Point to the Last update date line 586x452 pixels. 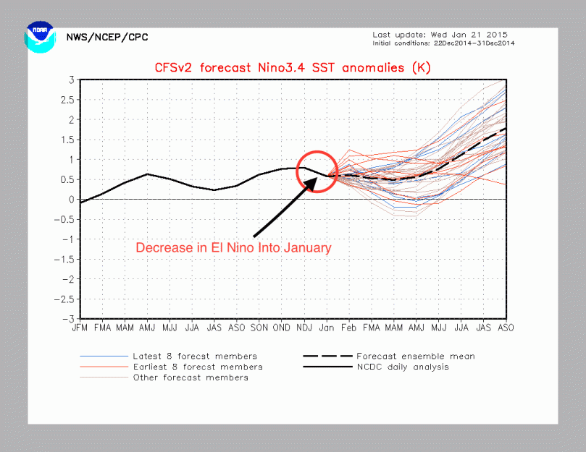(x=440, y=34)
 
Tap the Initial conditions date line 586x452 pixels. (x=444, y=43)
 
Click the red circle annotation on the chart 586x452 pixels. (x=317, y=171)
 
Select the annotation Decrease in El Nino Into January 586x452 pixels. (x=233, y=248)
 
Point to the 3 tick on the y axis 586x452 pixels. (x=72, y=80)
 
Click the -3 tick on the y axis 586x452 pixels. (x=70, y=319)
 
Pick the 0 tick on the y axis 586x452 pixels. (x=72, y=200)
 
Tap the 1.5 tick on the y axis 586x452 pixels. (x=69, y=140)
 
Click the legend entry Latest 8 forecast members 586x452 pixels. (x=195, y=356)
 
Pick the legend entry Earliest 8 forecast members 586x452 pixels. (x=198, y=367)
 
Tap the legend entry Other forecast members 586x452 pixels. (x=191, y=378)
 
